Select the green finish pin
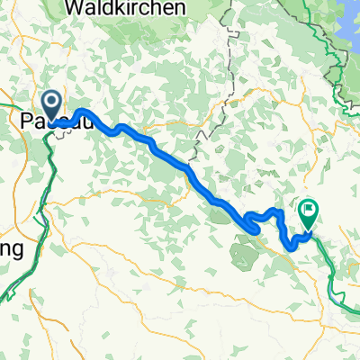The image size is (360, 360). point(308,212)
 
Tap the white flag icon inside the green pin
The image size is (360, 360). point(308,211)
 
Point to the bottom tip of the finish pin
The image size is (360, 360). point(308,232)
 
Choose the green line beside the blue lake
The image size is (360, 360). point(339,63)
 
